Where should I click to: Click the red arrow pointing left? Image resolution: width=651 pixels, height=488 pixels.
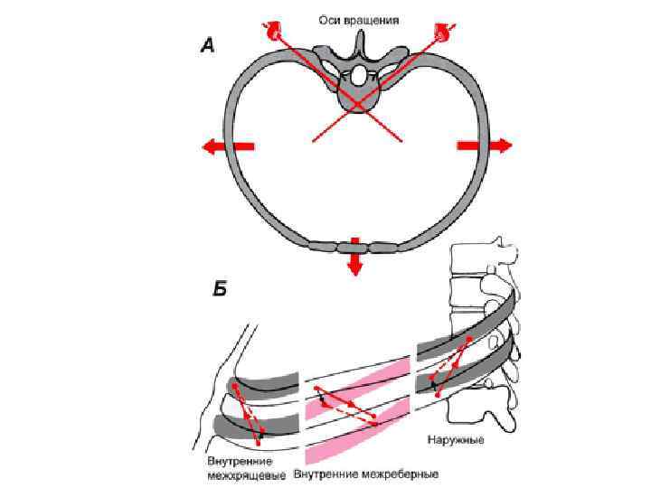[x=227, y=145]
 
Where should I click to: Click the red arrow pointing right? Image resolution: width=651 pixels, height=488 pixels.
[x=486, y=145]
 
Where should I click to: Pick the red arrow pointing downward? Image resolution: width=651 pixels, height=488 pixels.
[x=354, y=258]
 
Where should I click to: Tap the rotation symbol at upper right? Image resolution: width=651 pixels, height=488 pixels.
[x=443, y=30]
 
